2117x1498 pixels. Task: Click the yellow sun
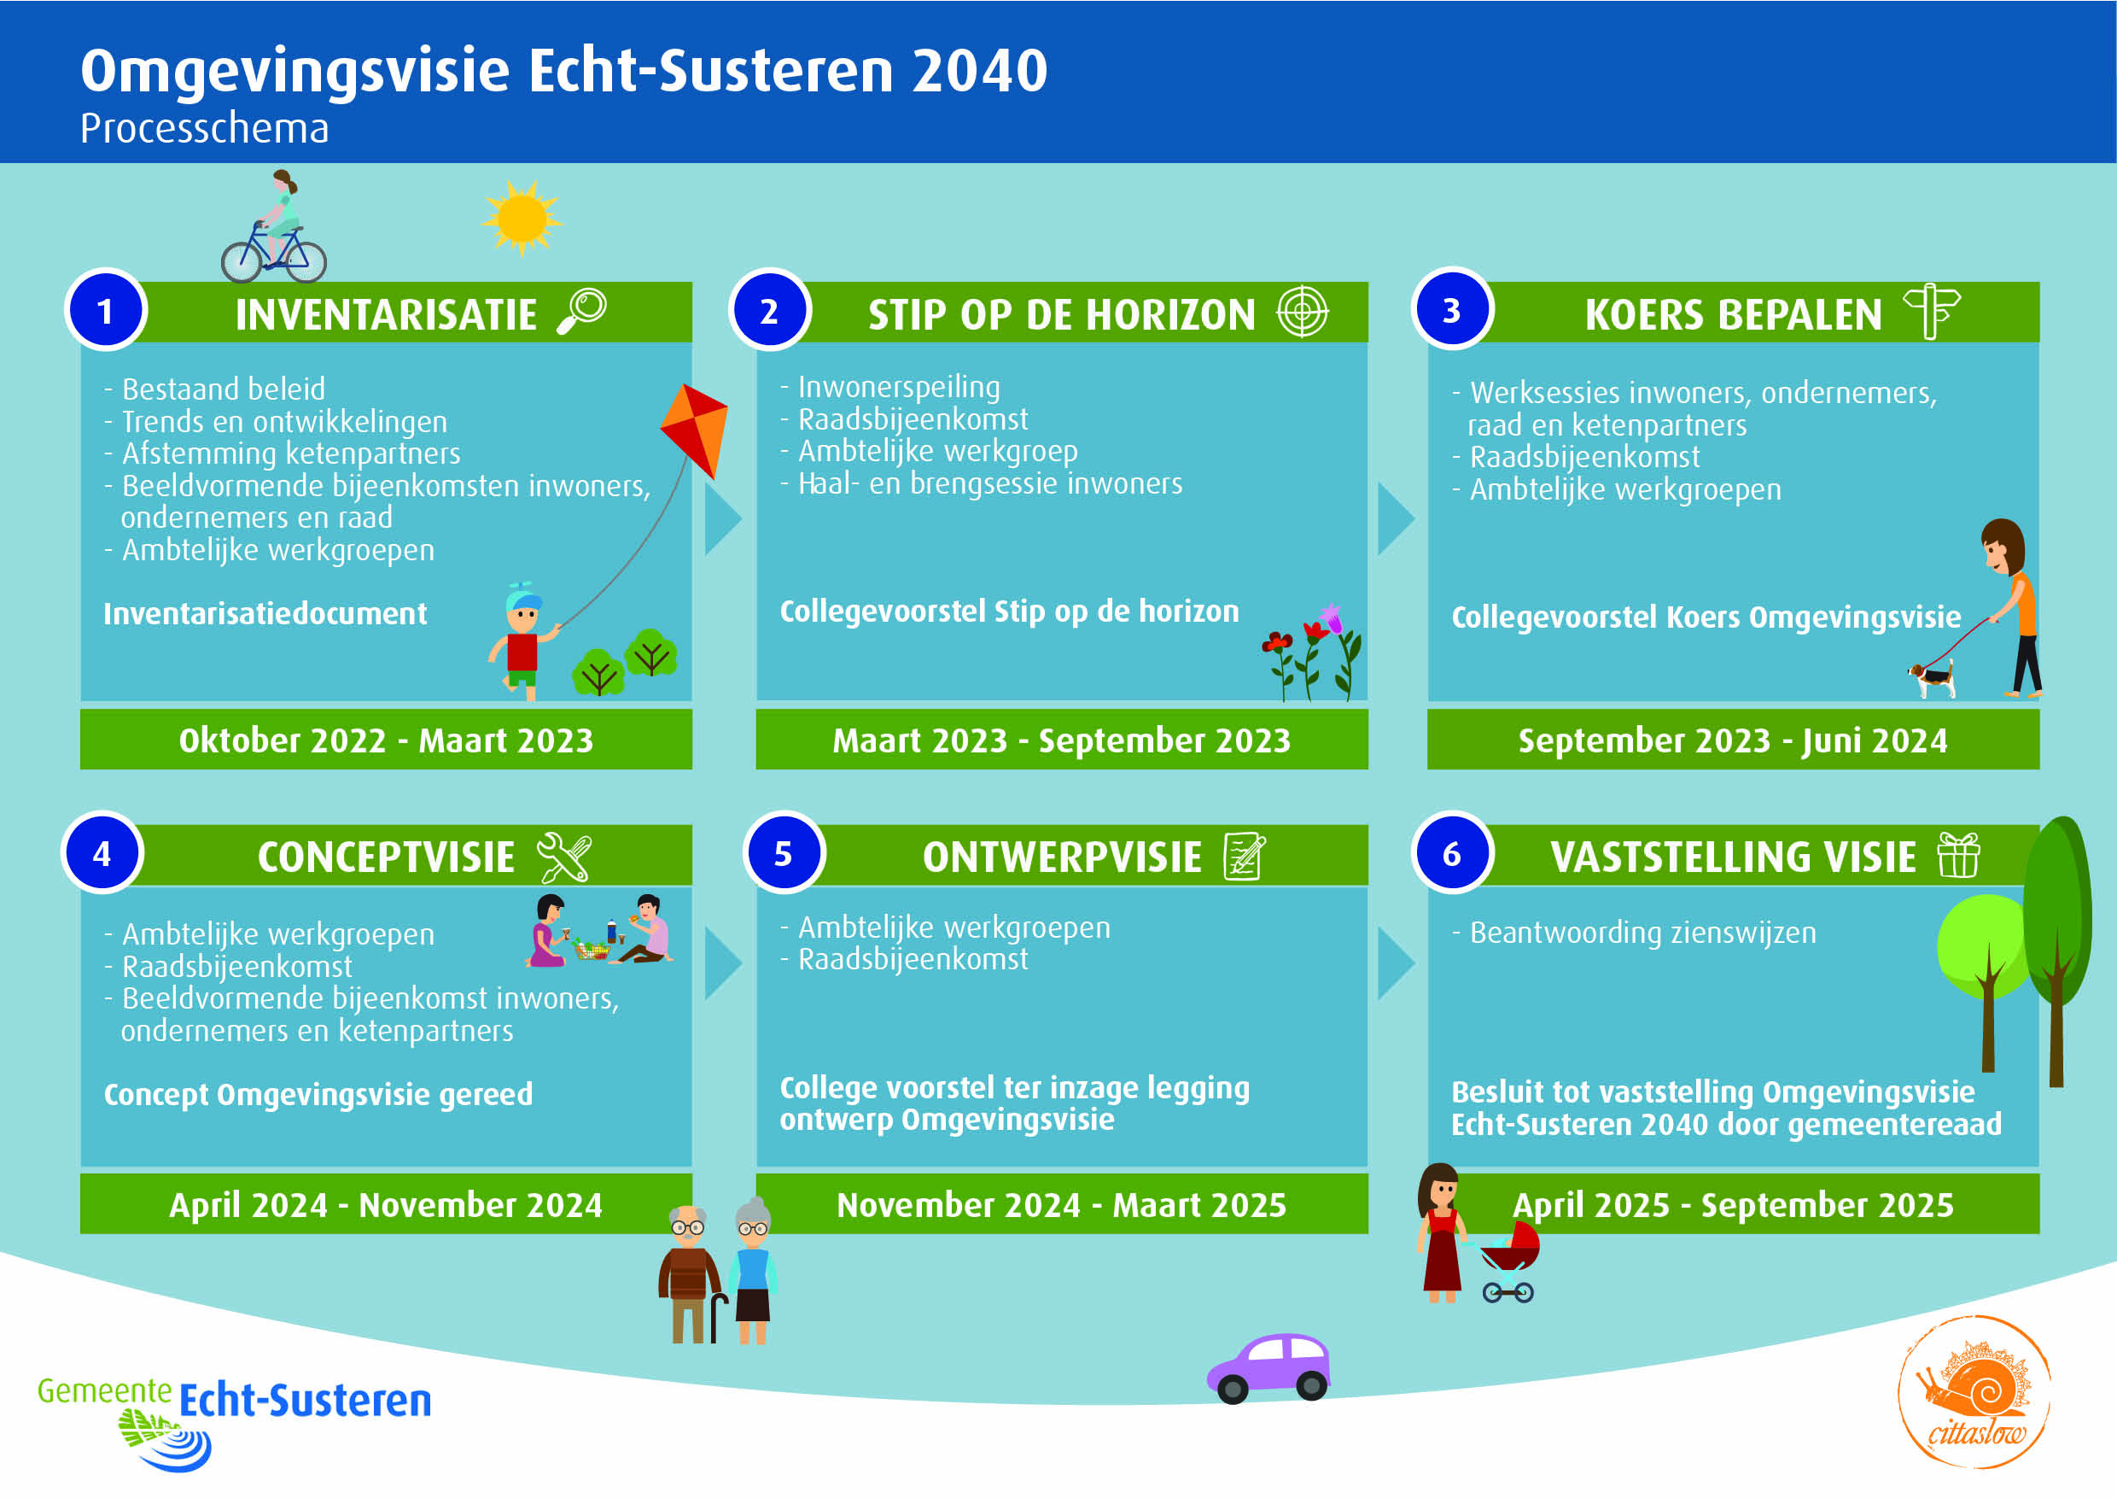(x=522, y=218)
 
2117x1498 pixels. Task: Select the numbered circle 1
(x=106, y=310)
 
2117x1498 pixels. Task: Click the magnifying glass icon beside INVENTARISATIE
(x=582, y=311)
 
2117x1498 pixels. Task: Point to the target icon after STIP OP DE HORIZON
(x=1302, y=312)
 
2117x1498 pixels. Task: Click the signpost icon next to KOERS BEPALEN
(x=1931, y=312)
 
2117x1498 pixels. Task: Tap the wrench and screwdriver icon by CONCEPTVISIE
(x=564, y=857)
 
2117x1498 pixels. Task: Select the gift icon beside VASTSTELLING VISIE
(x=1957, y=855)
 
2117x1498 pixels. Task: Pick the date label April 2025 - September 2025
(x=1733, y=1205)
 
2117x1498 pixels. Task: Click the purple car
(x=1269, y=1368)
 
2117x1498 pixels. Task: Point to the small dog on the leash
(x=1932, y=680)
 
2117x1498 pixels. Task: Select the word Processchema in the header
(x=204, y=128)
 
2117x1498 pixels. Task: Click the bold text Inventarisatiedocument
(x=265, y=613)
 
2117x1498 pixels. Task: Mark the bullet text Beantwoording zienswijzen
(x=1642, y=933)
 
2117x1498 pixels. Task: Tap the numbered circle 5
(x=784, y=853)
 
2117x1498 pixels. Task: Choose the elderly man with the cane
(x=689, y=1276)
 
